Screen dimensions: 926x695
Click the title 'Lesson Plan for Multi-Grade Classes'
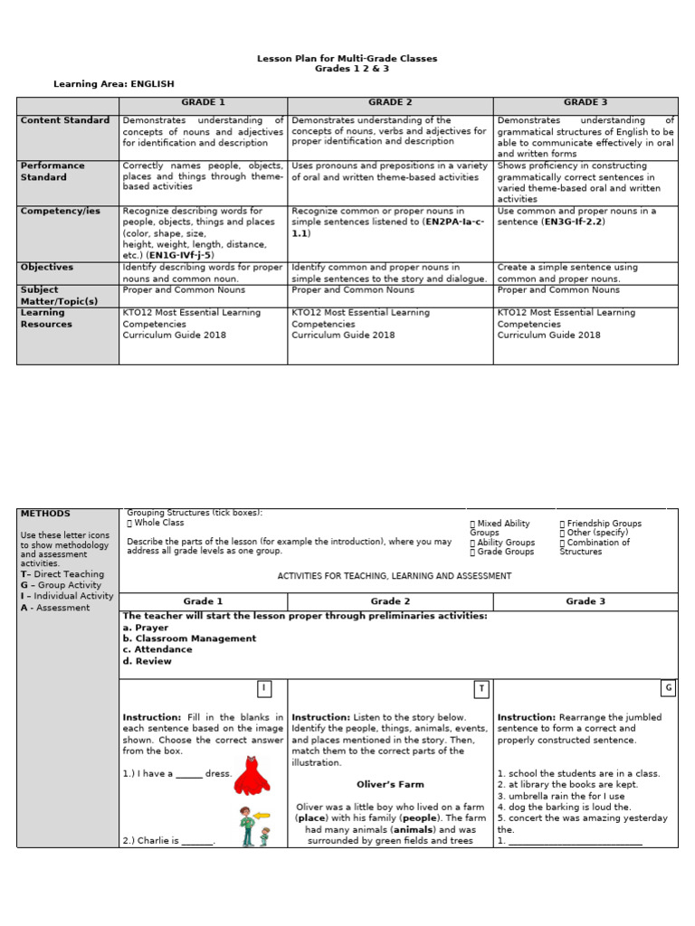(x=347, y=59)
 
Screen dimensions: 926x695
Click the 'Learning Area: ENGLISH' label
(x=113, y=84)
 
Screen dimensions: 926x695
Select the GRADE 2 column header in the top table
(x=390, y=103)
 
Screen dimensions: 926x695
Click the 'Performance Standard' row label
(x=52, y=171)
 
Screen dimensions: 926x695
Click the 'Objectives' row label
(x=47, y=268)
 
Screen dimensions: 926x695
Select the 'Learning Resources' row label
(x=46, y=318)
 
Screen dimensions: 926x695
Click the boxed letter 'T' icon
(x=481, y=689)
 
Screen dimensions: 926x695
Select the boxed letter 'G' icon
(x=668, y=688)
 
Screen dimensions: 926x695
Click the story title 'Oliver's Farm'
(x=390, y=785)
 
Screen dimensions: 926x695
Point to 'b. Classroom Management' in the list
(x=189, y=638)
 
